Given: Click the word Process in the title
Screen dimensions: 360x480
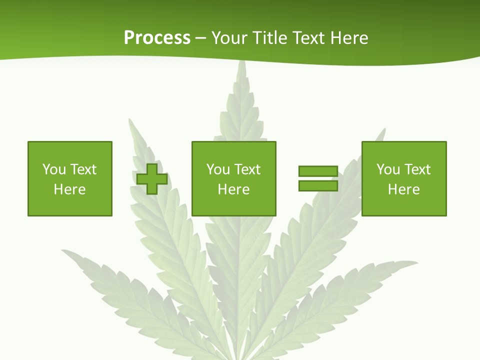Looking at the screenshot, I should (x=157, y=38).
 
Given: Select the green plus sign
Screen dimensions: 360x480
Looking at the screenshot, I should (x=152, y=178).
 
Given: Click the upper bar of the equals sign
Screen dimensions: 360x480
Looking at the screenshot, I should (x=318, y=171).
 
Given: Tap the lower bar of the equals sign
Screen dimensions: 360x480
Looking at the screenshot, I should (x=318, y=185).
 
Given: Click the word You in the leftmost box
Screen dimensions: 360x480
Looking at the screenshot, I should (x=54, y=169).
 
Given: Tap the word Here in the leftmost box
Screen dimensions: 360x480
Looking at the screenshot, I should (x=70, y=189).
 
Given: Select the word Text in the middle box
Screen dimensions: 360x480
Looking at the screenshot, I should (x=247, y=169).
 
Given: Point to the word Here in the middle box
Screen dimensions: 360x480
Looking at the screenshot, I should (x=234, y=189).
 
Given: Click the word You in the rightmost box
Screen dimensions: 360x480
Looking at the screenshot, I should (x=388, y=169).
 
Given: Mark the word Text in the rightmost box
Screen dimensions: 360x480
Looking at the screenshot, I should (x=417, y=169).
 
